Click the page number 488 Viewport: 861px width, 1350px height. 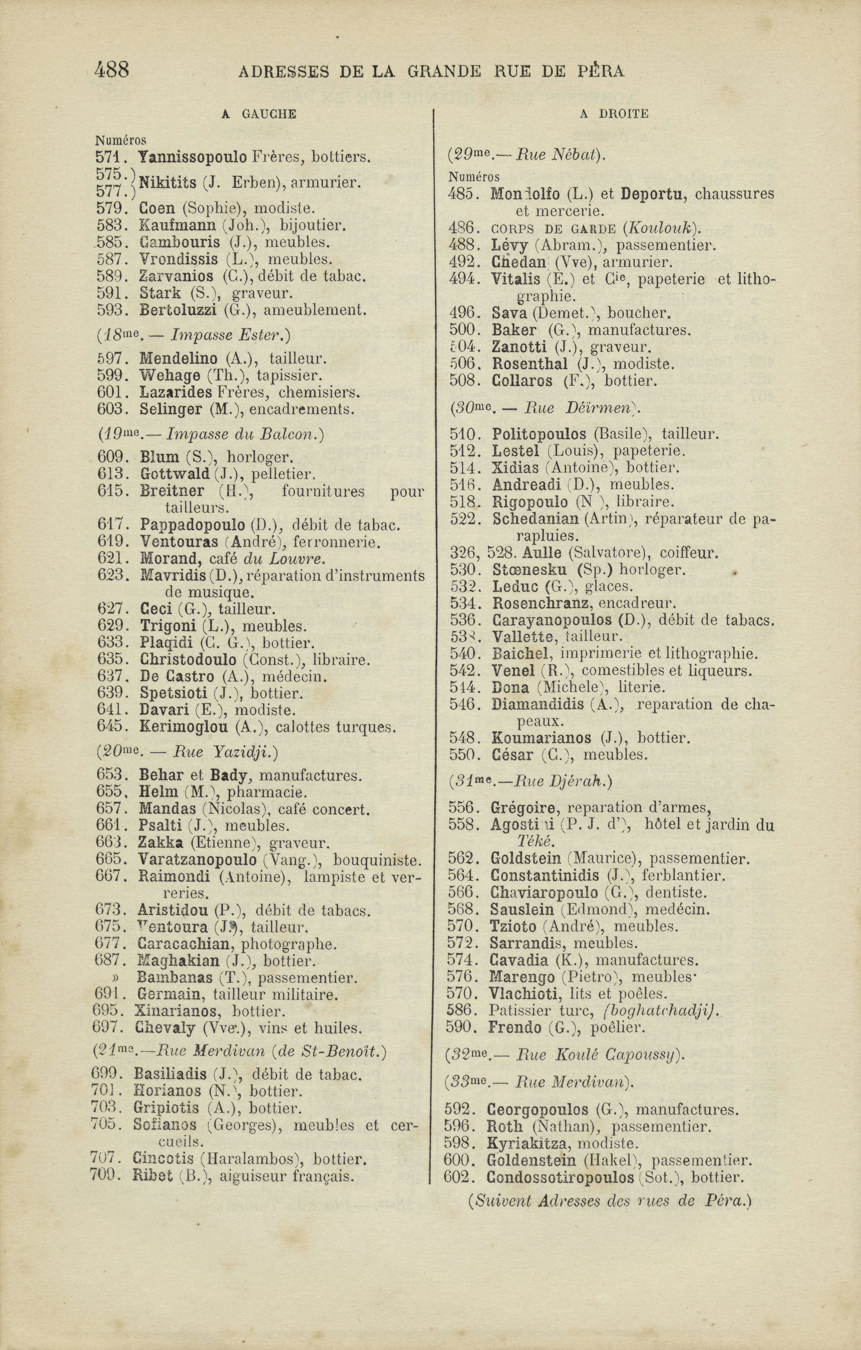click(x=112, y=70)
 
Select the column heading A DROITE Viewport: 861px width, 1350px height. click(x=614, y=114)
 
